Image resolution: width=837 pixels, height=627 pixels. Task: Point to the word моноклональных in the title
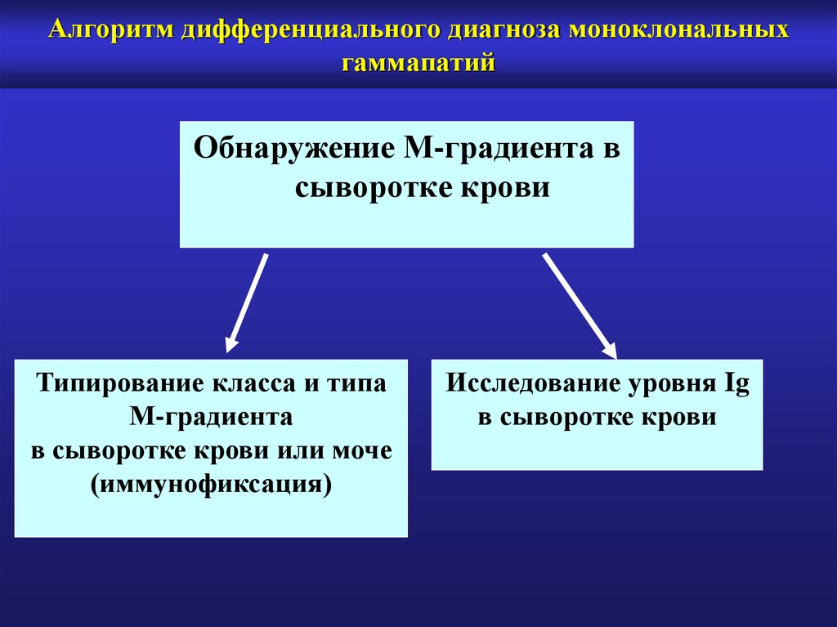pyautogui.click(x=679, y=32)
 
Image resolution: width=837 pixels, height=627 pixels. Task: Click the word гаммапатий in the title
pyautogui.click(x=418, y=62)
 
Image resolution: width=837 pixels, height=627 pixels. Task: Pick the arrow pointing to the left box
pyautogui.click(x=247, y=298)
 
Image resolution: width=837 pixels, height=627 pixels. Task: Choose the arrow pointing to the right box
pyautogui.click(x=580, y=304)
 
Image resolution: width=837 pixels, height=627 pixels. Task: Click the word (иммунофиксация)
pyautogui.click(x=211, y=483)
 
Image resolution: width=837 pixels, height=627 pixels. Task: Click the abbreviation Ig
pyautogui.click(x=736, y=384)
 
